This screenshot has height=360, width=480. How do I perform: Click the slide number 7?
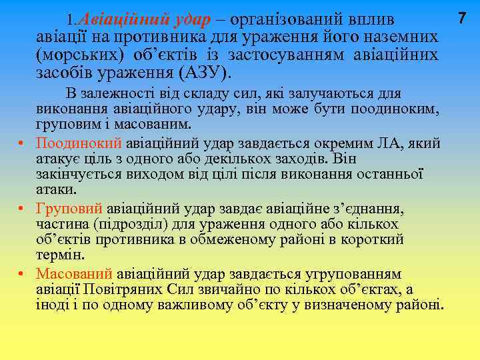463,18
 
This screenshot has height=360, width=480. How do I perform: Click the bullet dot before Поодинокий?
21,143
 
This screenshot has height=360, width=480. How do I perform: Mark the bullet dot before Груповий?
21,208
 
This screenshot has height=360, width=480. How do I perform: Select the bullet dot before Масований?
21,274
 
